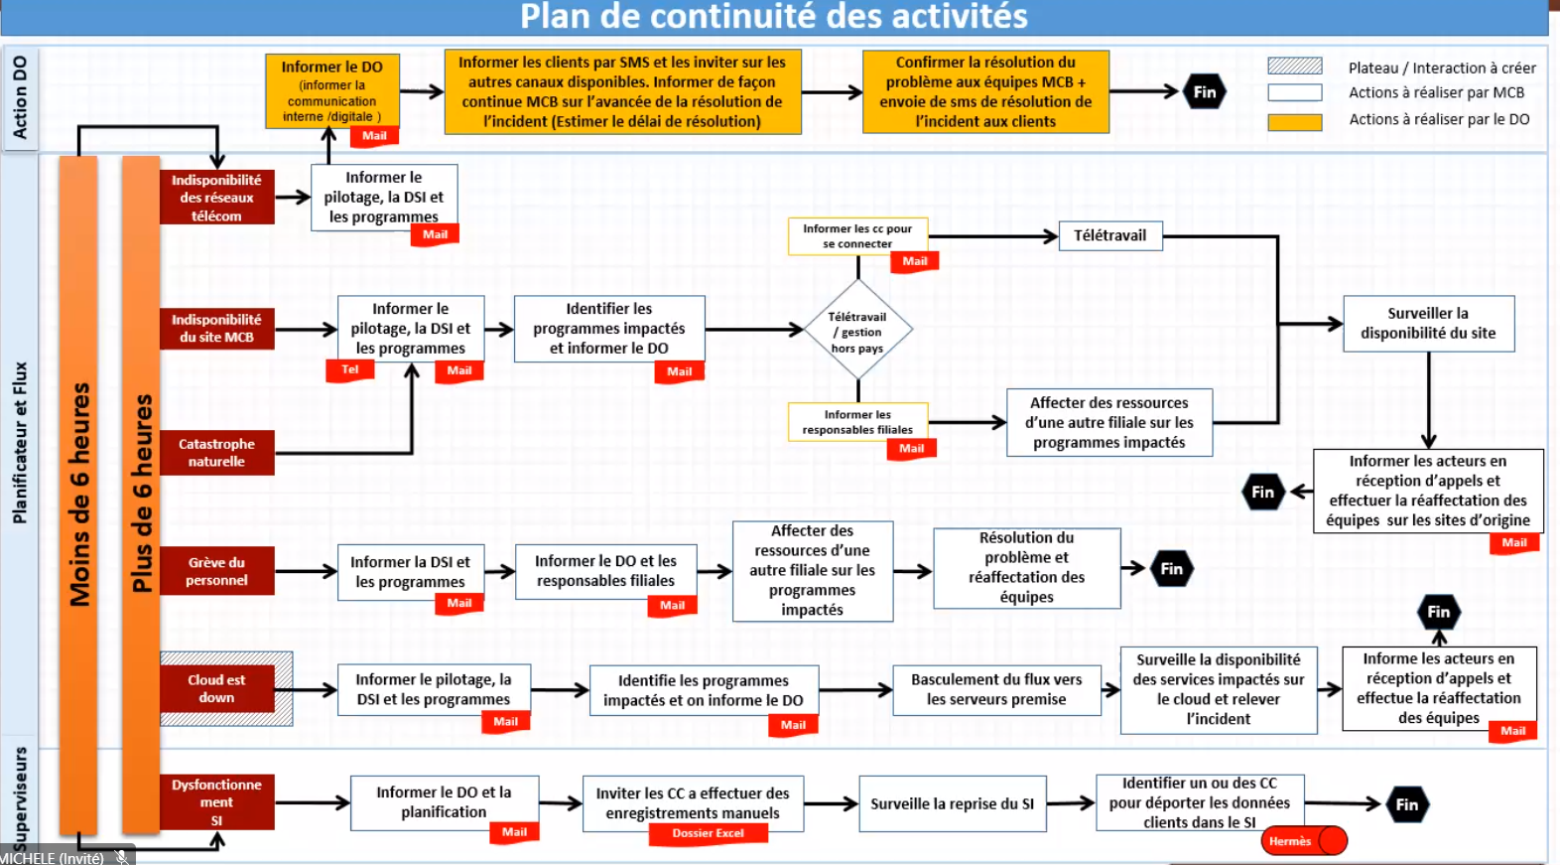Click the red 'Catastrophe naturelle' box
(216, 452)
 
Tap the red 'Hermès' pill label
(1291, 841)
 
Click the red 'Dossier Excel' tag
(708, 833)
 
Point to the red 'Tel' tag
(350, 369)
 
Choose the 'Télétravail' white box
(1109, 235)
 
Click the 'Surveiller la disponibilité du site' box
(1428, 324)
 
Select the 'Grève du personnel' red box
(216, 571)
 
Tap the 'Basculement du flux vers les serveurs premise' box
(996, 689)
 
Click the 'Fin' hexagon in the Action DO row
(1205, 92)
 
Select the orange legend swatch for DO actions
(1294, 122)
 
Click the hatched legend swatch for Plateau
(1294, 67)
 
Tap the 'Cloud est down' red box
(216, 688)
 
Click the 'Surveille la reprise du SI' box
(952, 803)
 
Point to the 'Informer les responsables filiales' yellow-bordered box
(857, 422)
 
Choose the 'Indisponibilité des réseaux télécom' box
(216, 198)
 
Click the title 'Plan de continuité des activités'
(774, 17)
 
